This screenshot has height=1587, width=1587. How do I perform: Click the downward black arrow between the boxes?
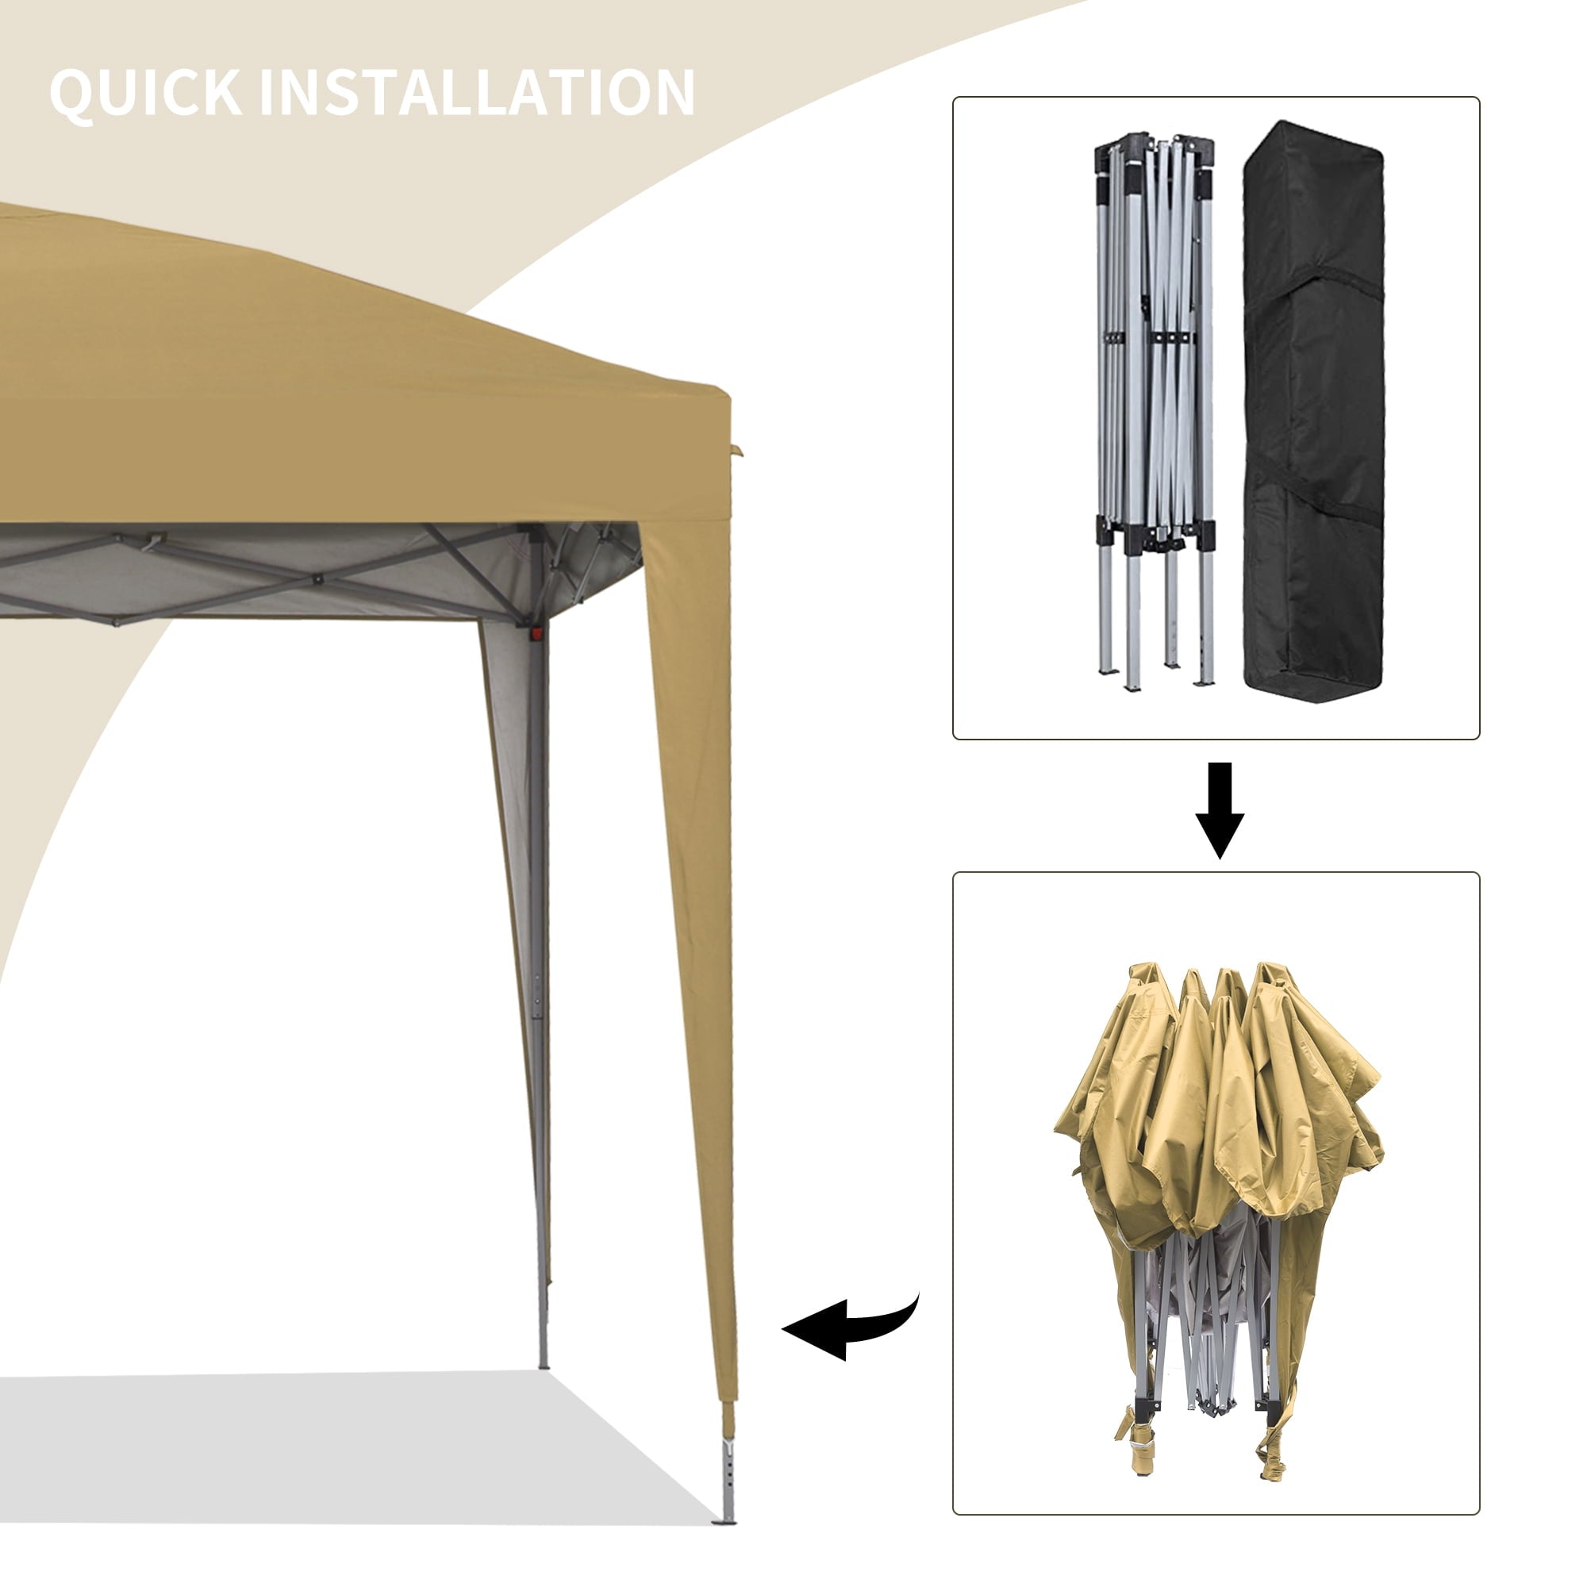(x=1219, y=810)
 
